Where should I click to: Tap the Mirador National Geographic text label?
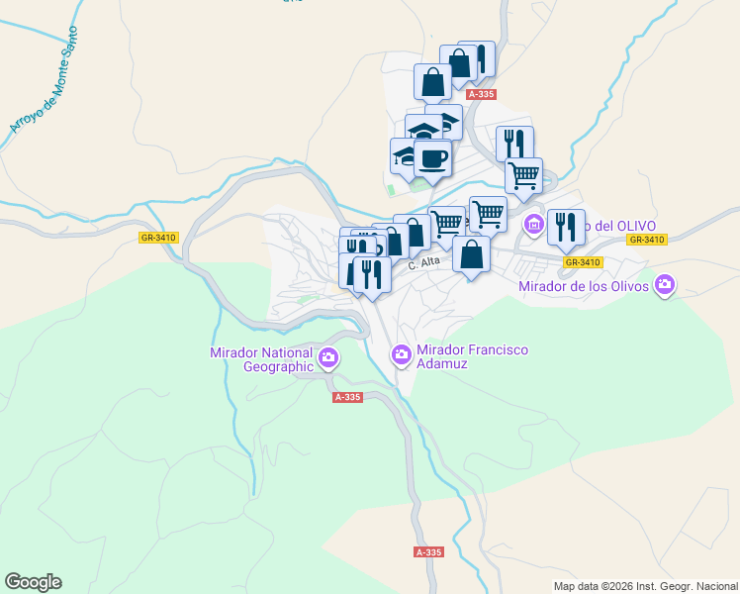(261, 359)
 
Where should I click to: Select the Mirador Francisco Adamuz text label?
(472, 356)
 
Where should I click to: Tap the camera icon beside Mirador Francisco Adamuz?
(402, 353)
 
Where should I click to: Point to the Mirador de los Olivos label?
(585, 287)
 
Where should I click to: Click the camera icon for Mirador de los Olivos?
(664, 286)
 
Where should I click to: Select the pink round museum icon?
(534, 225)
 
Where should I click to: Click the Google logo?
(33, 582)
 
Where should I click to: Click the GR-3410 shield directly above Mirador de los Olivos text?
(583, 262)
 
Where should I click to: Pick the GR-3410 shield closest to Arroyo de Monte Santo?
(158, 238)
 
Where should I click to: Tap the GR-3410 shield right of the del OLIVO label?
(648, 240)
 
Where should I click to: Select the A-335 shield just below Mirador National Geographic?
(348, 397)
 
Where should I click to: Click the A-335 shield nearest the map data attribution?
(428, 552)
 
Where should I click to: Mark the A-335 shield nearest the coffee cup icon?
(481, 94)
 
